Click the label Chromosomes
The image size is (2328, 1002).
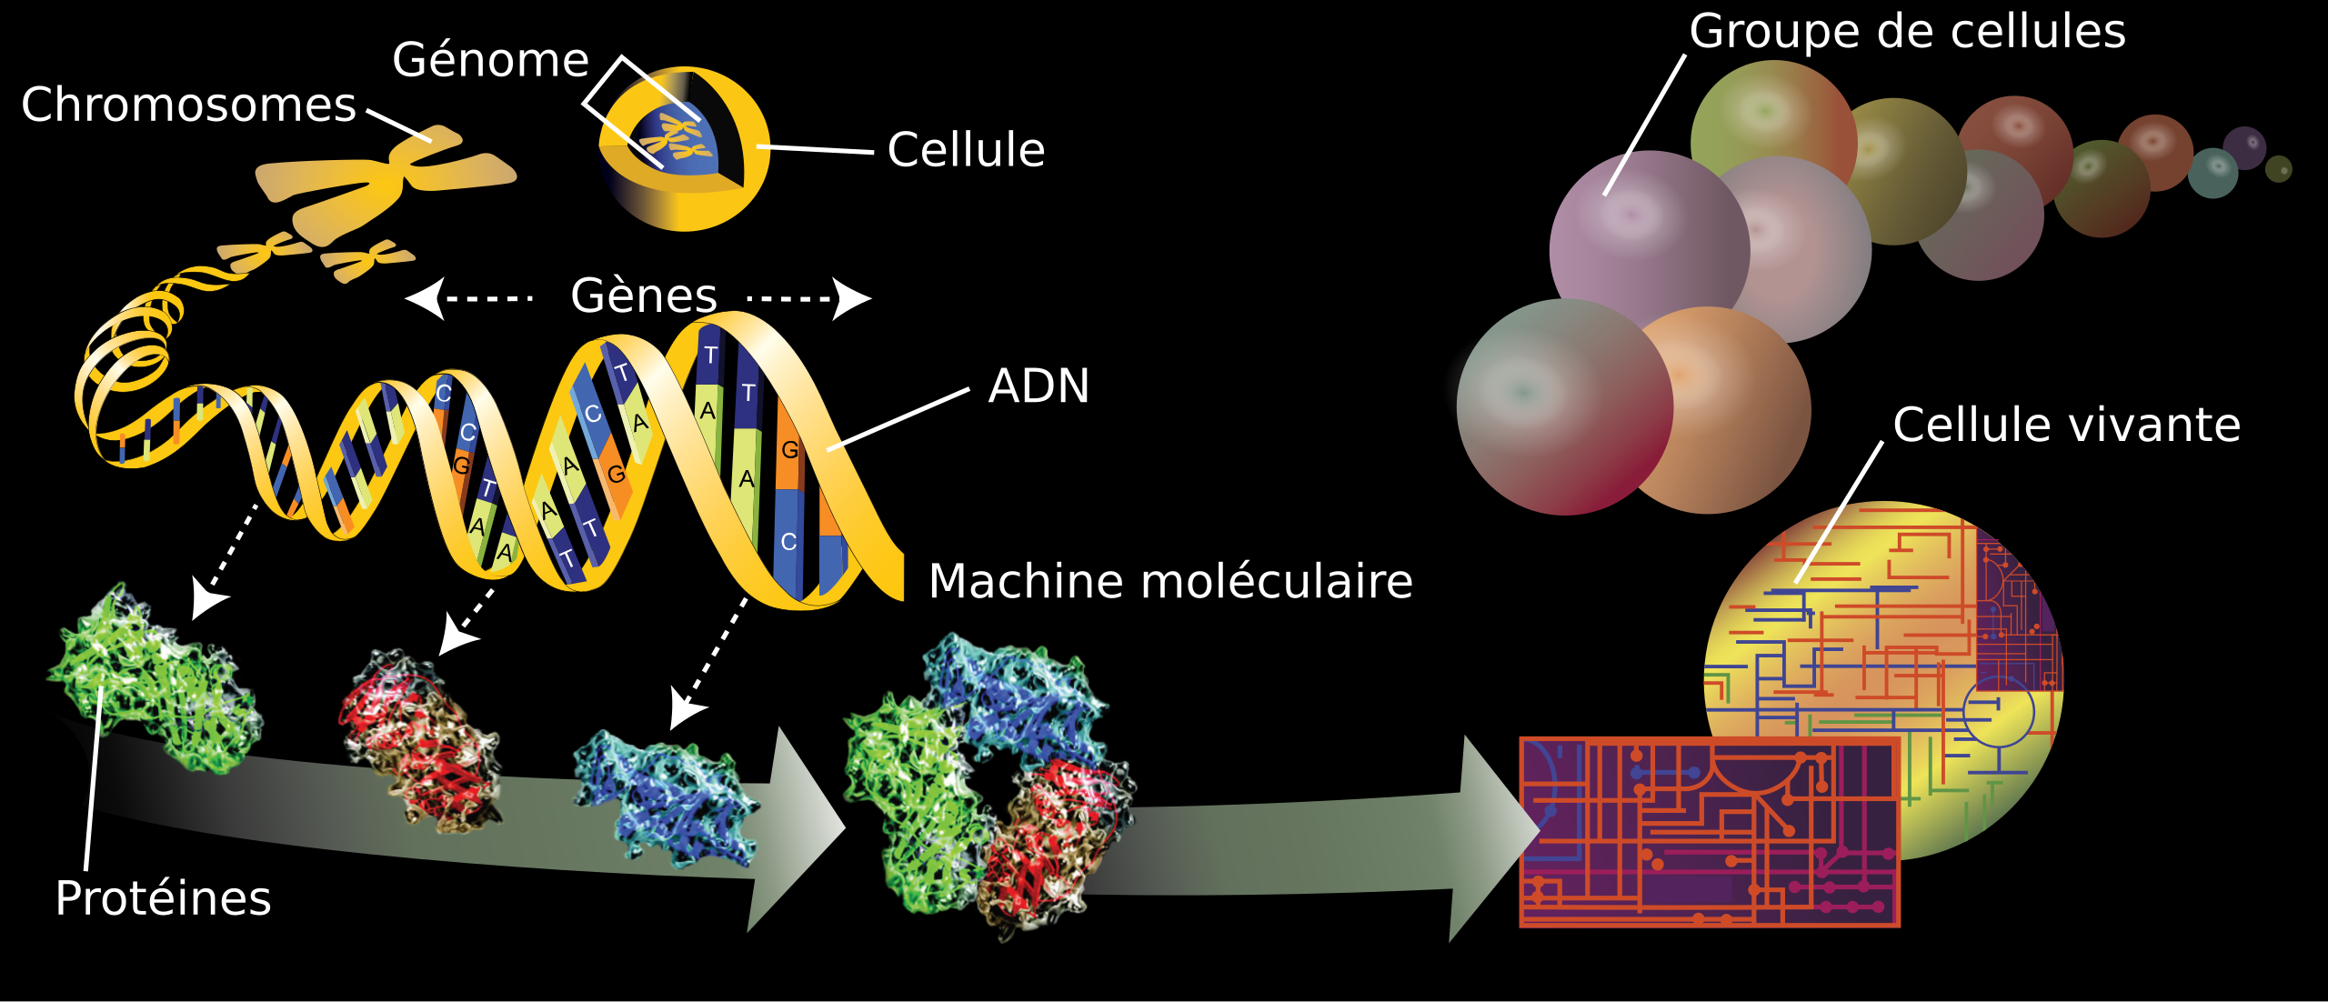click(x=188, y=105)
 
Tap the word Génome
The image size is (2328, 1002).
click(x=491, y=60)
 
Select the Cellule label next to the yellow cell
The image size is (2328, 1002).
click(x=966, y=150)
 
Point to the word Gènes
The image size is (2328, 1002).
click(x=644, y=296)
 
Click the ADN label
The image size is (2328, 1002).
click(x=1039, y=386)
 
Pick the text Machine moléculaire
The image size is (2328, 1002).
click(x=1170, y=581)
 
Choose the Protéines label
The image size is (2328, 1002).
click(x=164, y=898)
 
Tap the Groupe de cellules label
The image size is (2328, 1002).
click(x=1908, y=32)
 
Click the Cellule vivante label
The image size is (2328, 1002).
click(x=2067, y=425)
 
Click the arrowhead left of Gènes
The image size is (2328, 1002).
click(x=426, y=298)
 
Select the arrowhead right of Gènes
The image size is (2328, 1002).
click(x=851, y=298)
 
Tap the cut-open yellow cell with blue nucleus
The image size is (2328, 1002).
click(x=684, y=148)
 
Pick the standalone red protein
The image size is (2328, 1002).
click(x=420, y=739)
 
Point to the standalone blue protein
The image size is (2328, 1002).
click(x=666, y=797)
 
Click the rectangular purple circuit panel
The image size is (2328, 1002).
click(x=1710, y=832)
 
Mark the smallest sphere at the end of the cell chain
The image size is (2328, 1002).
click(x=2278, y=169)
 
